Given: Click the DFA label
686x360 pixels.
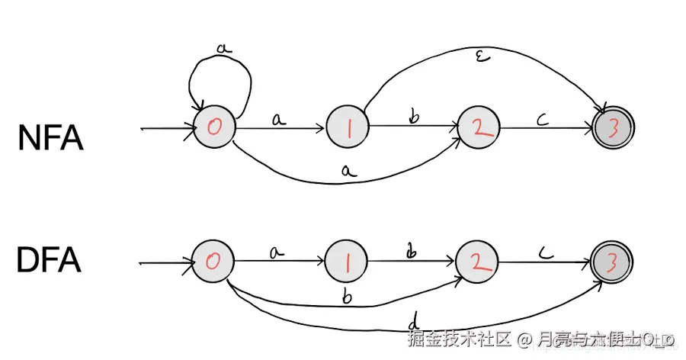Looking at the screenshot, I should pos(49,261).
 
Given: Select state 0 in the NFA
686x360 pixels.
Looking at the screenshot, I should pos(214,129).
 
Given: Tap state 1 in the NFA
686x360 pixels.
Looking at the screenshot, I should pos(347,129).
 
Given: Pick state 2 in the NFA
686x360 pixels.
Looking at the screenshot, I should pos(478,129).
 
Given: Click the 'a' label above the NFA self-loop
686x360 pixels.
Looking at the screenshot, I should pos(223,48).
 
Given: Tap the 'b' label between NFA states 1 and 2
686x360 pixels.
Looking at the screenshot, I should pos(415,116).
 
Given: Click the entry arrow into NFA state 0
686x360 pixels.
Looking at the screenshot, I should pos(168,129).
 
